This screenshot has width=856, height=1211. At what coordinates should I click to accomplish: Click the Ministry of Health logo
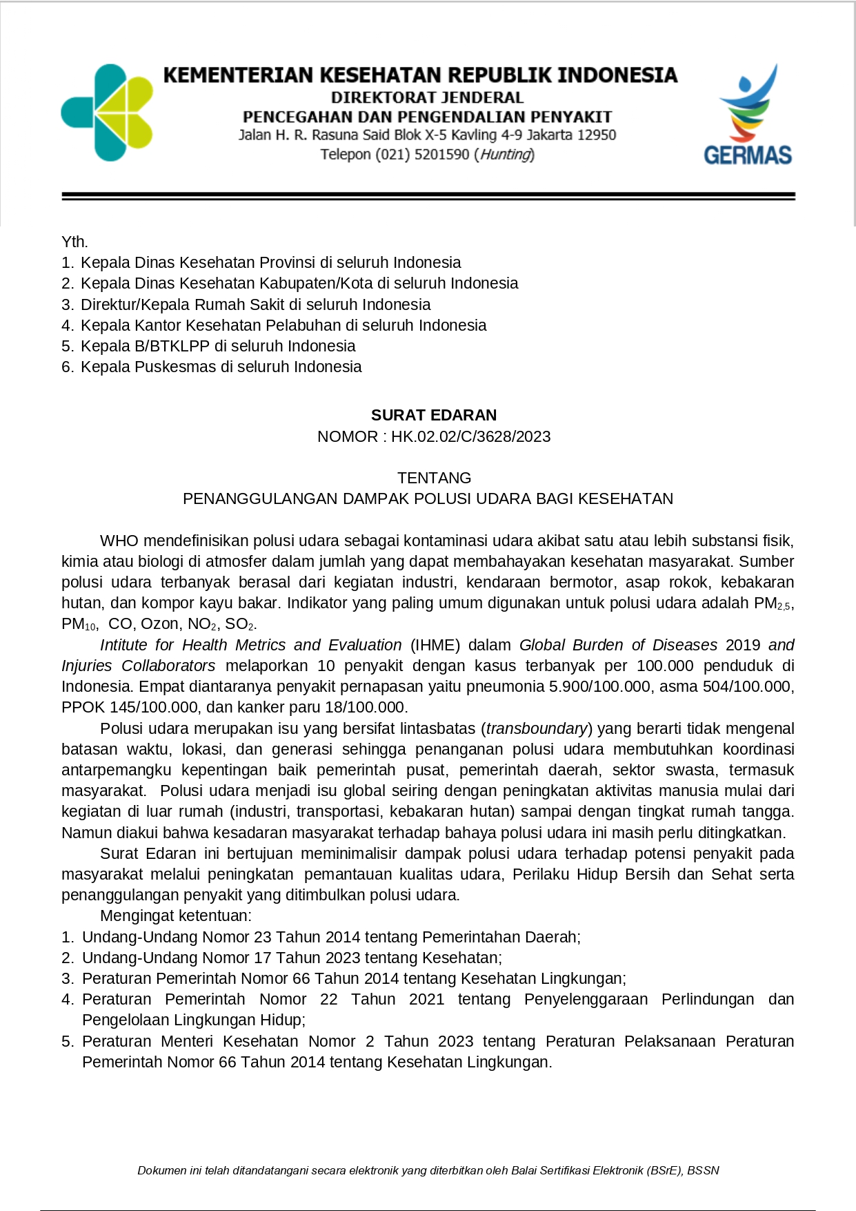click(x=107, y=113)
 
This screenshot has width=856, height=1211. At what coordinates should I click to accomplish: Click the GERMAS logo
click(x=748, y=115)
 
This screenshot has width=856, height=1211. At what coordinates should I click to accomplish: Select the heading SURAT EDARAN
click(x=433, y=415)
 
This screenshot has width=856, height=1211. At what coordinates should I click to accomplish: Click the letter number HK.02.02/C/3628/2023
click(x=470, y=436)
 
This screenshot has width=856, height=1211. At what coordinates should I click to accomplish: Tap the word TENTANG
click(x=434, y=478)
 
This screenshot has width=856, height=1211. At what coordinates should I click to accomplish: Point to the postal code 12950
click(x=596, y=135)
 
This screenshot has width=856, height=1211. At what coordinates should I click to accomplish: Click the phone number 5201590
click(x=441, y=155)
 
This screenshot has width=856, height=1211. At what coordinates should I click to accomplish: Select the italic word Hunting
click(x=506, y=155)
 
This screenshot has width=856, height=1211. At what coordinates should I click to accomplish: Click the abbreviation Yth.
click(x=74, y=242)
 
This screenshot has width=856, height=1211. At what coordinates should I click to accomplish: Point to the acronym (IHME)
click(x=435, y=645)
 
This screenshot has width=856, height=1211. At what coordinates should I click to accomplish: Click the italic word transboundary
click(x=537, y=728)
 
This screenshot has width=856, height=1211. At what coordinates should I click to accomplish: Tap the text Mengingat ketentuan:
click(x=176, y=915)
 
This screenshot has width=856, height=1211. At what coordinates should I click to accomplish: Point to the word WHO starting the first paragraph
click(x=119, y=541)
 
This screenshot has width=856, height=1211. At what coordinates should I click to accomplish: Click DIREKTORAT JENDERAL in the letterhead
click(x=427, y=97)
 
